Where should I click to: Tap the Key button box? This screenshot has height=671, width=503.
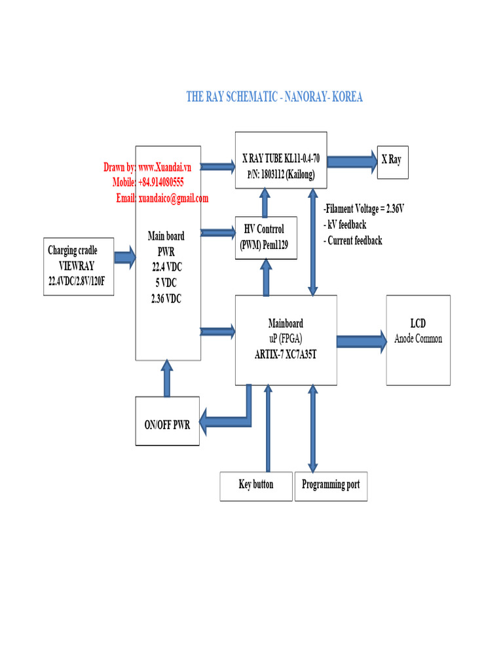click(x=256, y=486)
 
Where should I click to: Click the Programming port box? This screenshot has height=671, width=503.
click(x=331, y=486)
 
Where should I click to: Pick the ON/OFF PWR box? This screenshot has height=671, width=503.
click(x=167, y=425)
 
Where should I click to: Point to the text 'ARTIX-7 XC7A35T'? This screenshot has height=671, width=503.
click(x=286, y=351)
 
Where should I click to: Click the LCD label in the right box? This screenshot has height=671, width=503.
click(x=418, y=324)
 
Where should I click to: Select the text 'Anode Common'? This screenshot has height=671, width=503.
click(x=418, y=339)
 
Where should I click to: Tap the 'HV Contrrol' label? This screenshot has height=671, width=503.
click(x=264, y=229)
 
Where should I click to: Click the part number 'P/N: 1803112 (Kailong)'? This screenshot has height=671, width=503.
click(x=281, y=175)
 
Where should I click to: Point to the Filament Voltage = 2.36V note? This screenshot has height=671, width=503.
click(x=363, y=209)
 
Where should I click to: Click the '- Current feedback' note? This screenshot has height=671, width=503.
click(x=353, y=240)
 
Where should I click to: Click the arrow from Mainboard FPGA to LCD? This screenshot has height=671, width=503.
click(x=361, y=340)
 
